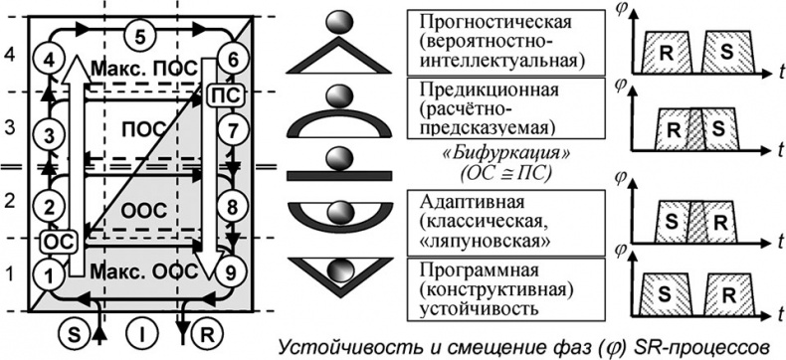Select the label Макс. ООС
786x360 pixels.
coord(140,270)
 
